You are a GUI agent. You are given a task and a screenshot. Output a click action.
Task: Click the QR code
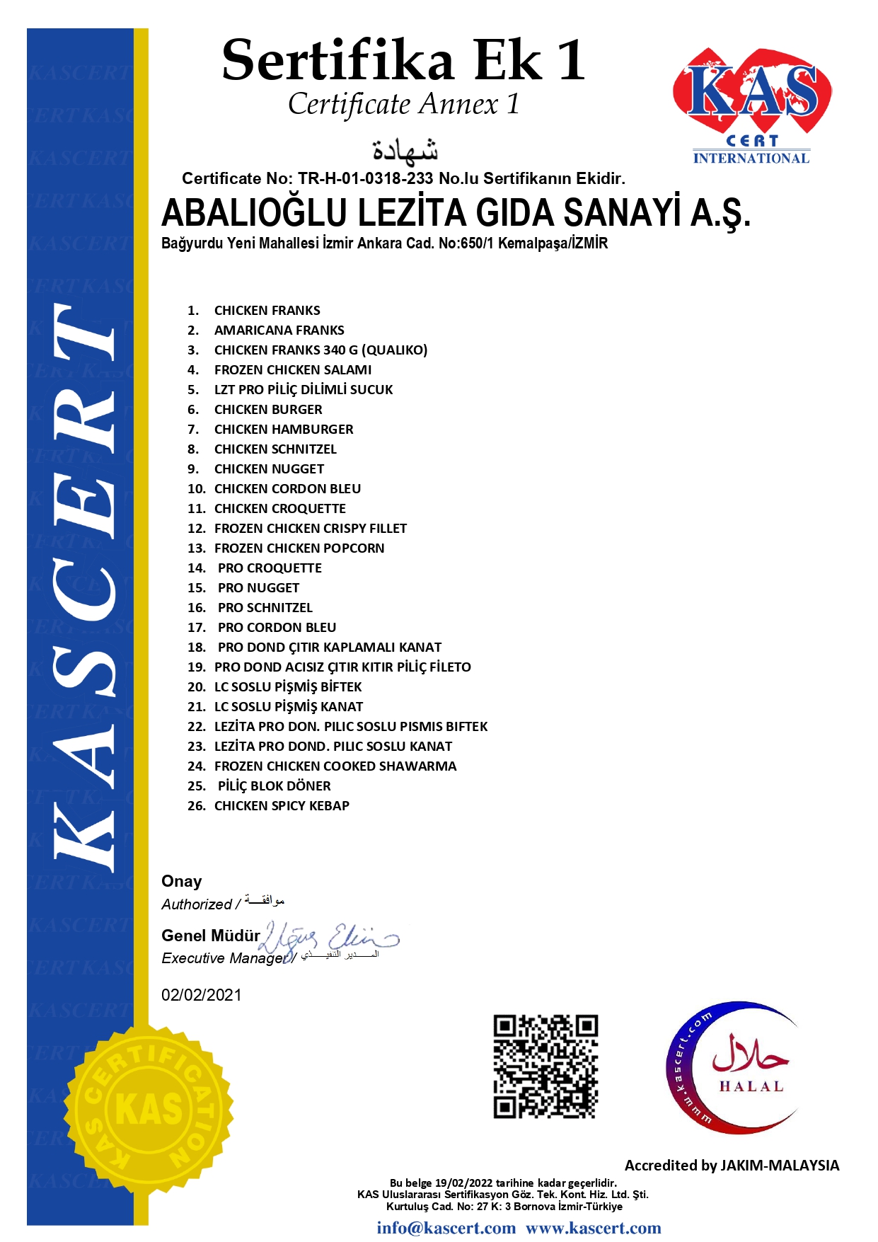pos(545,1066)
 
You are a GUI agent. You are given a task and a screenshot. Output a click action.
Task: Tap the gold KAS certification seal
pos(149,1109)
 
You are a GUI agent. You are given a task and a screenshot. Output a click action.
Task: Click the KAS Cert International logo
pos(751,106)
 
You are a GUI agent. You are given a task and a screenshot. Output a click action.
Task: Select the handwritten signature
pos(329,939)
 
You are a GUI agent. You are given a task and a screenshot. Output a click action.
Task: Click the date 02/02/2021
pos(202,995)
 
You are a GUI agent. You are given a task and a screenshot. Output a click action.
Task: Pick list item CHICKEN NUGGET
pos(269,469)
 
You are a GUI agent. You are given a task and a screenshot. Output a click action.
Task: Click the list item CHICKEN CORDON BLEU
pos(287,489)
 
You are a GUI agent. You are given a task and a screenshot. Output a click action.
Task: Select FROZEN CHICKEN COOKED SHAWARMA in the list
pos(335,766)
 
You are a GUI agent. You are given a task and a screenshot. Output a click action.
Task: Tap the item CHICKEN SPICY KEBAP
pos(282,806)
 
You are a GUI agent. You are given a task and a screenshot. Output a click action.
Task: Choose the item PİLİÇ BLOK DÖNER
pos(274,786)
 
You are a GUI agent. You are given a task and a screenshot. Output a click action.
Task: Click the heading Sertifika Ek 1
pos(403,60)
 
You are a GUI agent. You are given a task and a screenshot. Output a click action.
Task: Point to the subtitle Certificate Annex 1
pos(403,105)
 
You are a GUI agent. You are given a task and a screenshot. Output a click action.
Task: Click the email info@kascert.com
pos(446,1228)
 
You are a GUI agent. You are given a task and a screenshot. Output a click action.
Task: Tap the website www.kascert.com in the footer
pos(593,1228)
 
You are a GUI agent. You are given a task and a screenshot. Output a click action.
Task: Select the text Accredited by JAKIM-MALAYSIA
pos(732,1166)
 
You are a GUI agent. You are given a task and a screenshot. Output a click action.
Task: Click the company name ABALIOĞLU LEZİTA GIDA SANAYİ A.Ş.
pos(456,213)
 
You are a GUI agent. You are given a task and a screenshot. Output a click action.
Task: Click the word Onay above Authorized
pos(182,881)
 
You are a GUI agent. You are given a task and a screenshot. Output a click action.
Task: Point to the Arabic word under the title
pos(405,149)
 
